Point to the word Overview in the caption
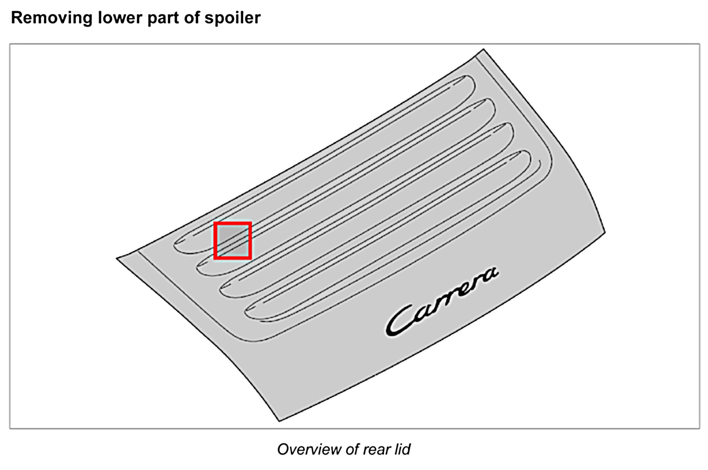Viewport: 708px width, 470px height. tap(309, 449)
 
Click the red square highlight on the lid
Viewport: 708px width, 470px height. tap(233, 241)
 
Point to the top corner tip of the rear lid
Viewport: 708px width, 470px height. tap(483, 49)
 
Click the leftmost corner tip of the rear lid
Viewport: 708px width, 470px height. tap(117, 258)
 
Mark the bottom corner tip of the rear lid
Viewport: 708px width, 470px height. tap(280, 421)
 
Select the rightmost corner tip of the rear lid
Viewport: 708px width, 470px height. tap(605, 232)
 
